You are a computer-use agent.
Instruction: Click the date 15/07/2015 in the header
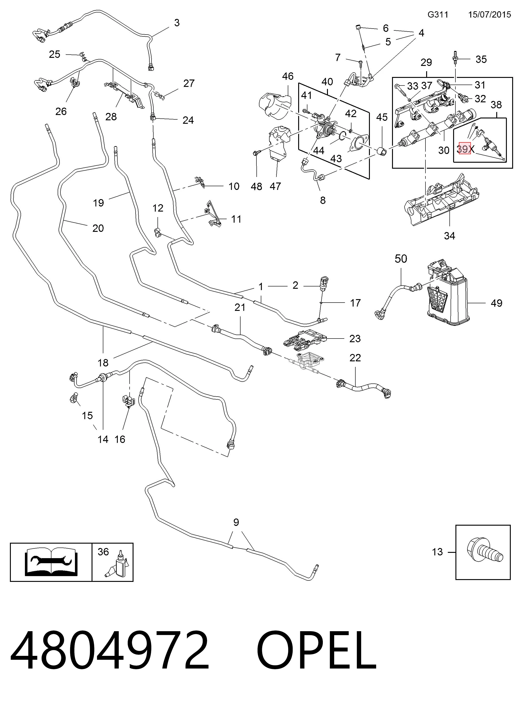[x=489, y=15]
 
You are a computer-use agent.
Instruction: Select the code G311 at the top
[x=438, y=15]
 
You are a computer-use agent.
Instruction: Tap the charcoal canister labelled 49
[x=447, y=293]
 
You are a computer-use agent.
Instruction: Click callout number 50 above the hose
[x=401, y=259]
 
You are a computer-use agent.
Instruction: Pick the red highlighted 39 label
[x=465, y=149]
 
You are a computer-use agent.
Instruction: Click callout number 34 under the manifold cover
[x=449, y=236]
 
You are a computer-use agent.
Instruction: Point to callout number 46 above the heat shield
[x=288, y=76]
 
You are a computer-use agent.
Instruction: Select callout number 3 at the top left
[x=177, y=23]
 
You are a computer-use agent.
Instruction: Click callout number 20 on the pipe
[x=98, y=228]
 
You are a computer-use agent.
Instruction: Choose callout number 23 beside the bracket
[x=355, y=339]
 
